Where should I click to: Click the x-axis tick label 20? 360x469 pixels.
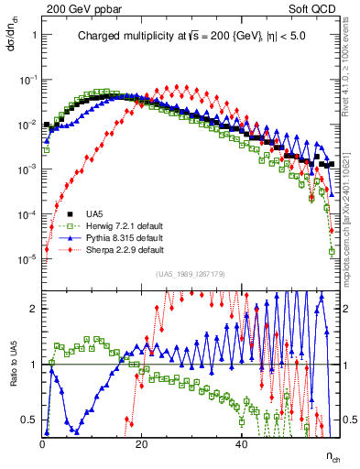[x=141, y=444]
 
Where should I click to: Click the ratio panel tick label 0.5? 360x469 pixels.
[x=30, y=420]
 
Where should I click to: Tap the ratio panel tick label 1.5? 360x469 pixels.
[x=30, y=336]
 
